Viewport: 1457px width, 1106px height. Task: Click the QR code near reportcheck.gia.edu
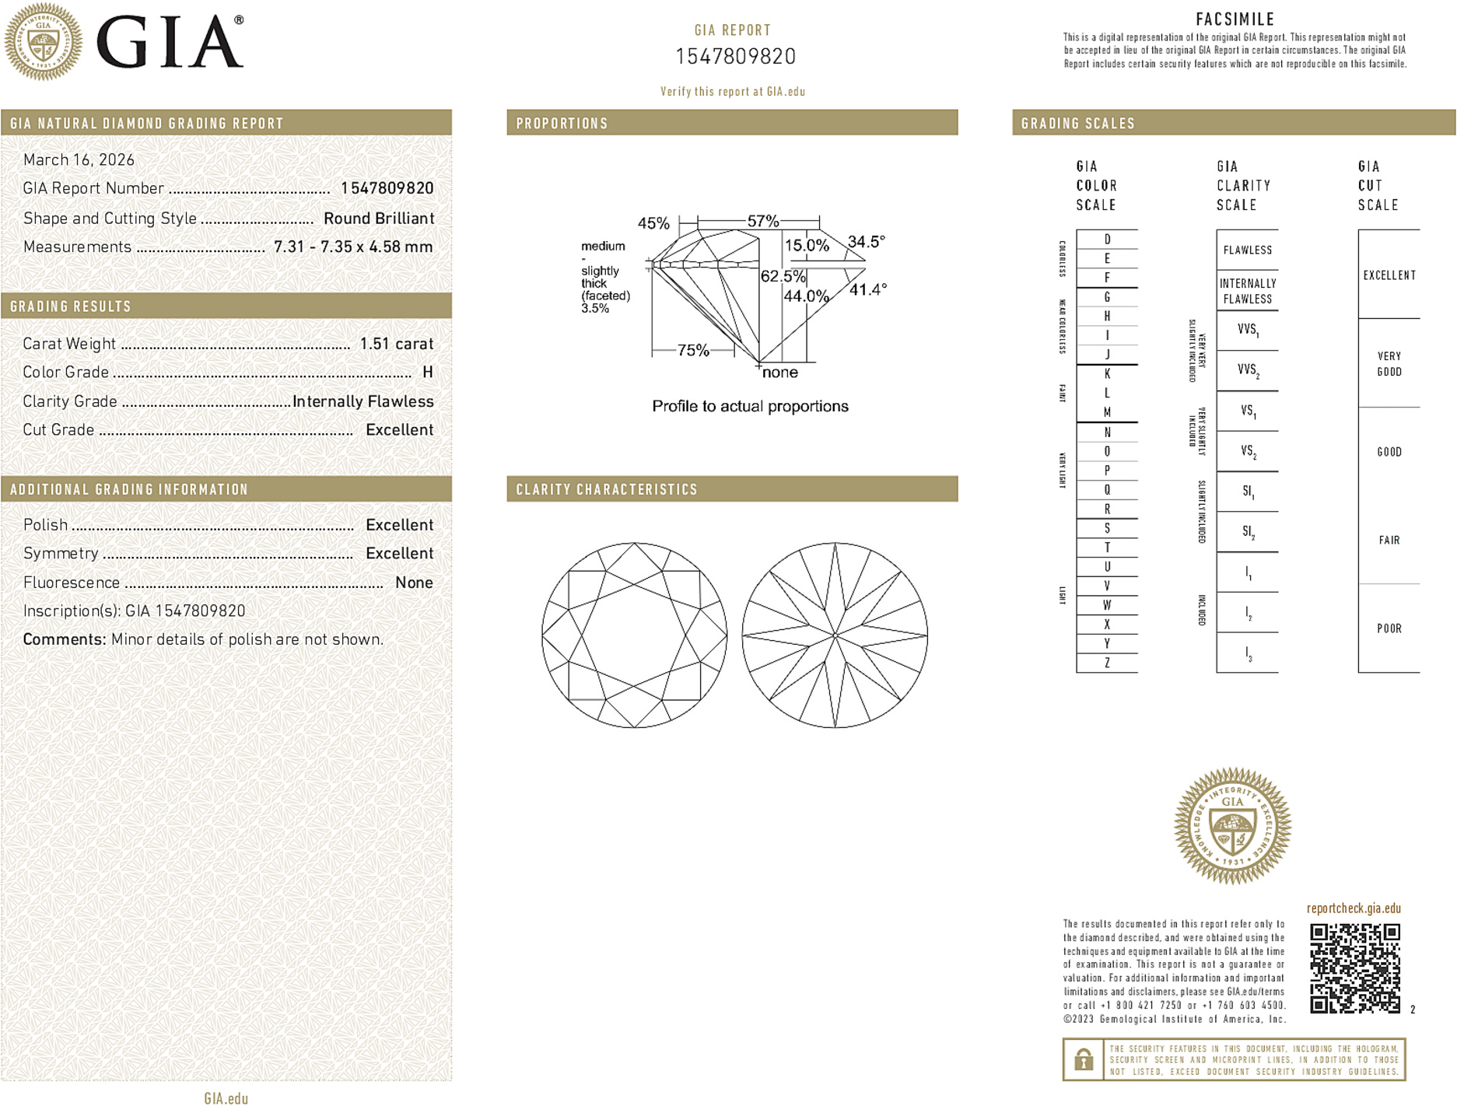coord(1354,968)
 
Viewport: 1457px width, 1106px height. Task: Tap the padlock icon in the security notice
coord(1083,1059)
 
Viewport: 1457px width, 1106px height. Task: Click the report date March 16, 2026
coord(79,160)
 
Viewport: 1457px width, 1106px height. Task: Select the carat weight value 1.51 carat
coord(396,344)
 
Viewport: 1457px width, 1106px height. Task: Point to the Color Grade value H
coord(427,373)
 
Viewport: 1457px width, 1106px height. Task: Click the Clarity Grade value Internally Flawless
coord(362,401)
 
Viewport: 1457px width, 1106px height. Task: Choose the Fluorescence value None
coord(414,583)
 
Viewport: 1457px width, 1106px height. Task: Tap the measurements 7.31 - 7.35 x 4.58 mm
coord(352,247)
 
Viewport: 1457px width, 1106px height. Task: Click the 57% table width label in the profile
coord(762,222)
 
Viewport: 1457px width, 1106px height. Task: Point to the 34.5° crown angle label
coord(866,242)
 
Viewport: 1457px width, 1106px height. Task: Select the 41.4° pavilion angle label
coord(867,290)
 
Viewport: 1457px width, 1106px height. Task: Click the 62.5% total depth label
coord(783,277)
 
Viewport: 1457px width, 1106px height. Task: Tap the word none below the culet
coord(779,373)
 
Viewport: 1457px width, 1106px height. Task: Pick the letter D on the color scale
coord(1107,240)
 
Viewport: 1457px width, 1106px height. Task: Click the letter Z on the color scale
coord(1107,663)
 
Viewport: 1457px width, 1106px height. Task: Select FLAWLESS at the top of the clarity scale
coord(1247,250)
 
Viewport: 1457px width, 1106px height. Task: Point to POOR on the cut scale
coord(1389,628)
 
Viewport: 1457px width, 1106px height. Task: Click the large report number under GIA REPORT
coord(735,57)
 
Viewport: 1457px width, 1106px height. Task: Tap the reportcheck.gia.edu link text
coord(1354,908)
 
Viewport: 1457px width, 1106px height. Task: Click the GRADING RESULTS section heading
coord(71,306)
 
